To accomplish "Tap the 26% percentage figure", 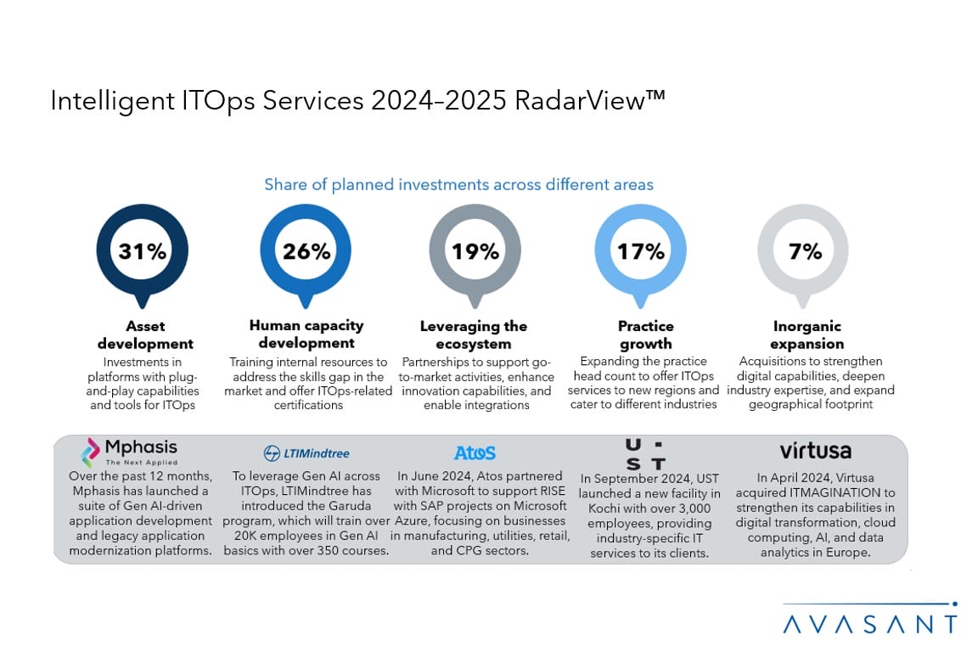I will tap(306, 251).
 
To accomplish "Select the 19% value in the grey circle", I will tap(475, 251).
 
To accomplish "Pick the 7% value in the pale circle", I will tap(803, 251).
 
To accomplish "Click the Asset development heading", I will tap(145, 335).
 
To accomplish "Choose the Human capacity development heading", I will tap(306, 334).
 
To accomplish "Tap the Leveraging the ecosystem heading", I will tap(474, 335).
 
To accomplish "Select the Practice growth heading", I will tap(645, 335).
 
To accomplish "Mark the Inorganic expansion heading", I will tap(808, 335).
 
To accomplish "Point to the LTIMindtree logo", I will tap(306, 453).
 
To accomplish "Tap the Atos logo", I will tap(475, 452).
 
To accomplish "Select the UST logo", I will tap(645, 452).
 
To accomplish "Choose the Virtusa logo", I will tap(815, 450).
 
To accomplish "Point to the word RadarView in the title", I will tap(587, 100).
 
